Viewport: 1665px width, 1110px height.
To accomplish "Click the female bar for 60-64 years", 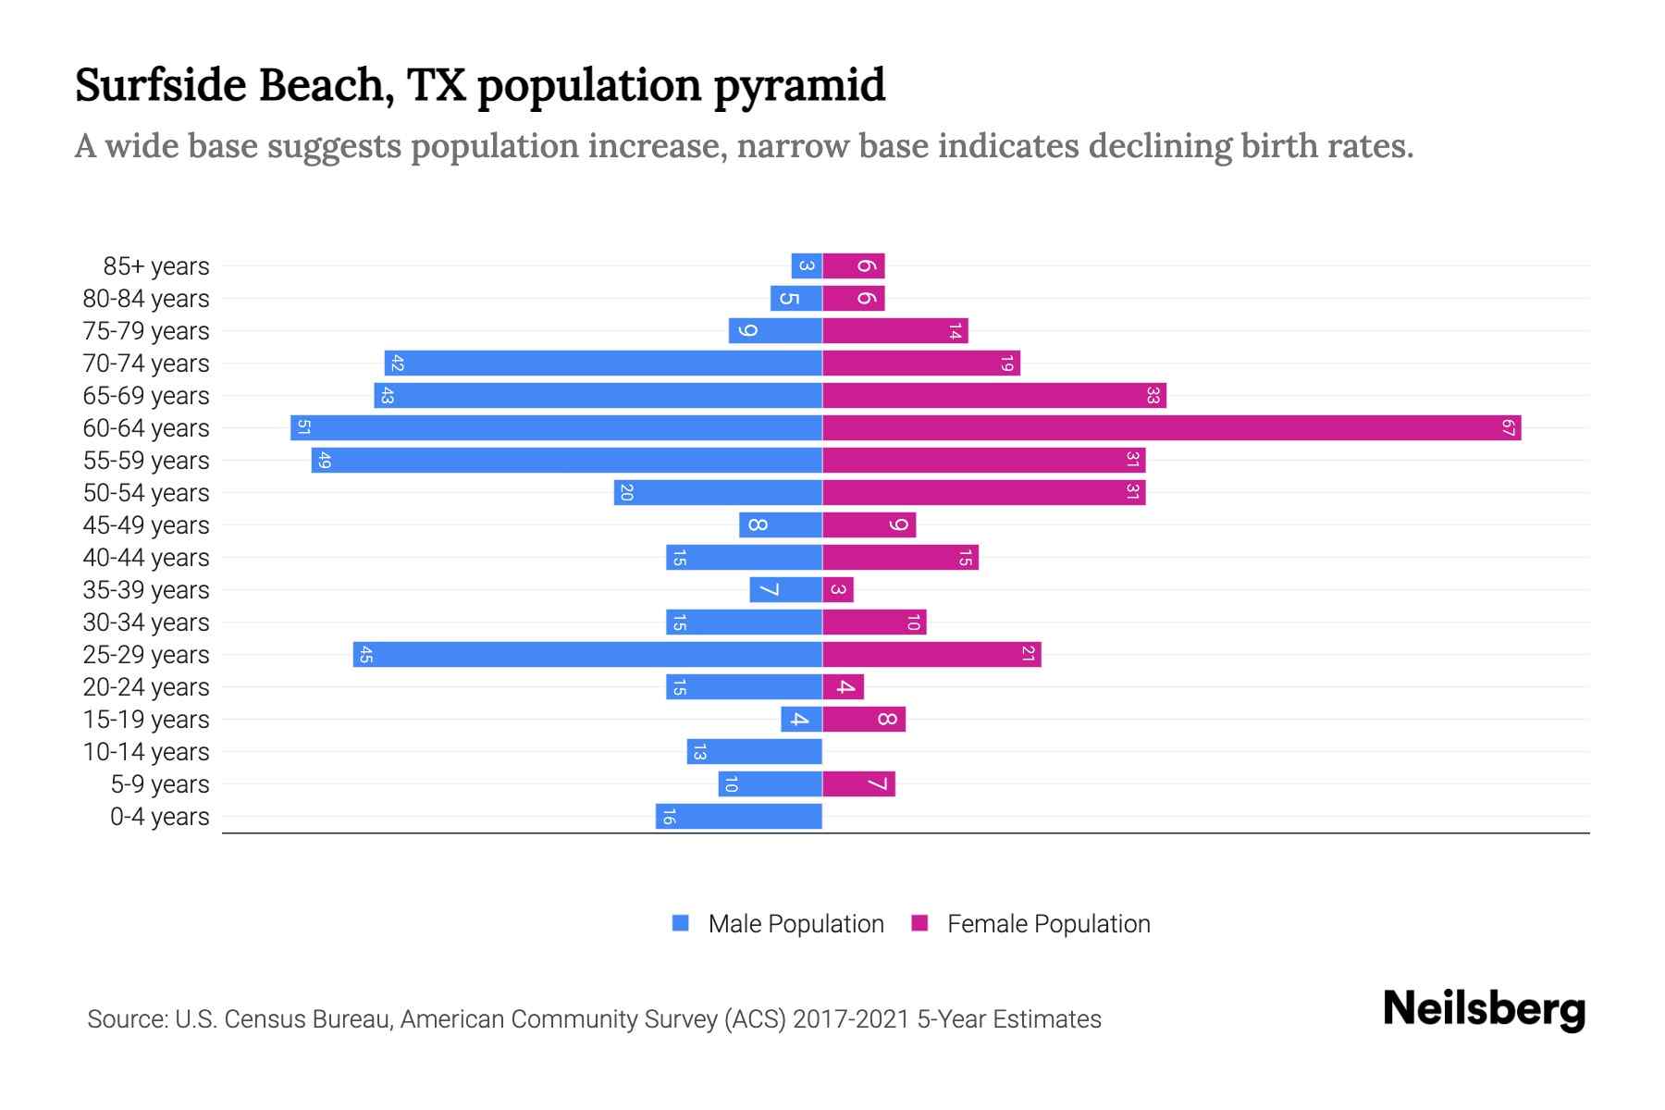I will [x=1171, y=428].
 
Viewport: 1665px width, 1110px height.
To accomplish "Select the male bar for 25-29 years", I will [x=587, y=655].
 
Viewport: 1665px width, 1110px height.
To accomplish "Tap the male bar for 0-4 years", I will [x=738, y=817].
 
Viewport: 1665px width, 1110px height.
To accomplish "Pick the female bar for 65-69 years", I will [x=994, y=396].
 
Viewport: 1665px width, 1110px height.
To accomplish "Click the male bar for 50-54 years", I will [x=718, y=493].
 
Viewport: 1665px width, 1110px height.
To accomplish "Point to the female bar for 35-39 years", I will [x=838, y=590].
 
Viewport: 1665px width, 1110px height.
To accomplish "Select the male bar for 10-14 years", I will [x=754, y=752].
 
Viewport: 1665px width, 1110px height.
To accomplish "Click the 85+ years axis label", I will [x=155, y=266].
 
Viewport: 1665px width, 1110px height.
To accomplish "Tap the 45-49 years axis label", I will [x=146, y=525].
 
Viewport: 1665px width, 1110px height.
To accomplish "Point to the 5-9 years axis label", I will [x=159, y=784].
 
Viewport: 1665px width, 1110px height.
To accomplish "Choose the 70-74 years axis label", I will [x=146, y=364].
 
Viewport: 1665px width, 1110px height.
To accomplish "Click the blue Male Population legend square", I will [x=681, y=923].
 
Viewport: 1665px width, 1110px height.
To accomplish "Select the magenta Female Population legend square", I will [x=919, y=923].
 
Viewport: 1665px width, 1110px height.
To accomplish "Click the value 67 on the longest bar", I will [x=1508, y=428].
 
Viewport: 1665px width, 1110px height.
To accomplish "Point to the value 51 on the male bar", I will [x=303, y=428].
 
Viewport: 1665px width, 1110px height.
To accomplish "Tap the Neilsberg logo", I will [x=1484, y=1009].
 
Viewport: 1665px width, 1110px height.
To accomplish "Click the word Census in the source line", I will [x=265, y=1019].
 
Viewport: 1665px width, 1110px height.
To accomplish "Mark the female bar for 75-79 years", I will [x=894, y=331].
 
